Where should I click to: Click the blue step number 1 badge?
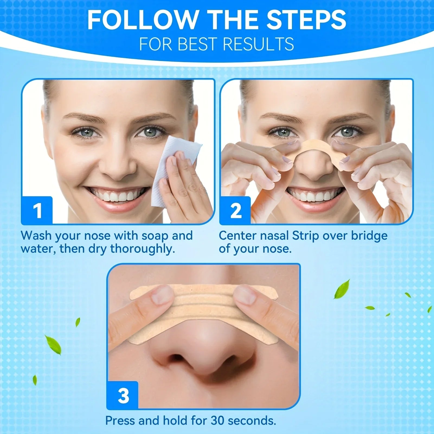37,210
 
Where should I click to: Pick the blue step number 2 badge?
235,210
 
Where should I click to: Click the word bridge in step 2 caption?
369,236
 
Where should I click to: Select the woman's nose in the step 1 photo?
117,163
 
